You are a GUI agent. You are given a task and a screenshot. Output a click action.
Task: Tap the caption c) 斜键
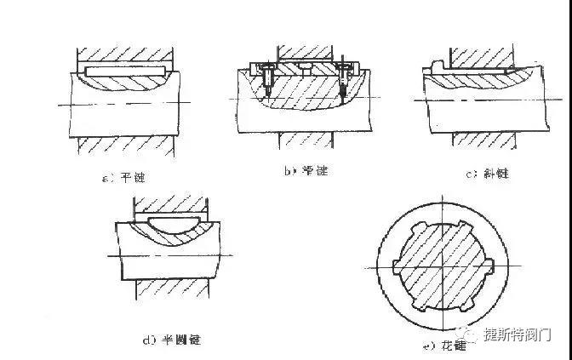485,174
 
